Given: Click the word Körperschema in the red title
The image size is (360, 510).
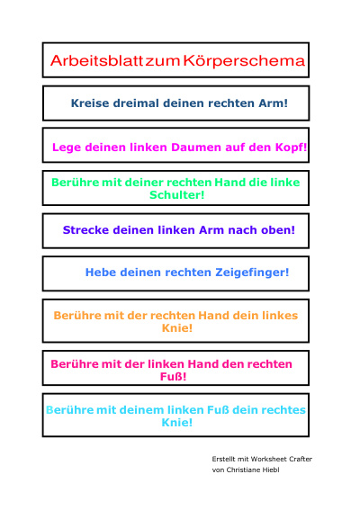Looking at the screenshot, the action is pyautogui.click(x=244, y=61).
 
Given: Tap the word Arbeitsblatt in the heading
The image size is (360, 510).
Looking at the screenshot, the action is pyautogui.click(x=97, y=60).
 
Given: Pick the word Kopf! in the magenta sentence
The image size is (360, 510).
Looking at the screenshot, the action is pyautogui.click(x=292, y=148).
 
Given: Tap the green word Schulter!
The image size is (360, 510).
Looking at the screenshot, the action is pyautogui.click(x=176, y=195).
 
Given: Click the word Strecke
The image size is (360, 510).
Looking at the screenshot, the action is pyautogui.click(x=85, y=230).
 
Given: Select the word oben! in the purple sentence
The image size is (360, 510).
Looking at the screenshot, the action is pyautogui.click(x=278, y=230).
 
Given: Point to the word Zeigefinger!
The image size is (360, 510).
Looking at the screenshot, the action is pyautogui.click(x=252, y=273).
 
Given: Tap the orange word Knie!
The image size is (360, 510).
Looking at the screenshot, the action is pyautogui.click(x=177, y=327).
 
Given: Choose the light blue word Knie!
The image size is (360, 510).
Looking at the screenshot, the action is pyautogui.click(x=177, y=423).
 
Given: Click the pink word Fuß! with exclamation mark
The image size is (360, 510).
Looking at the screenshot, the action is pyautogui.click(x=173, y=377).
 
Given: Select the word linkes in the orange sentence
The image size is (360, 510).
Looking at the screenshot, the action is pyautogui.click(x=280, y=316).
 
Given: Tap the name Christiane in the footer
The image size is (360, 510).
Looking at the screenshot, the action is pyautogui.click(x=244, y=470).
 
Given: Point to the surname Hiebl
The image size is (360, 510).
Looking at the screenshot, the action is pyautogui.click(x=272, y=470).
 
